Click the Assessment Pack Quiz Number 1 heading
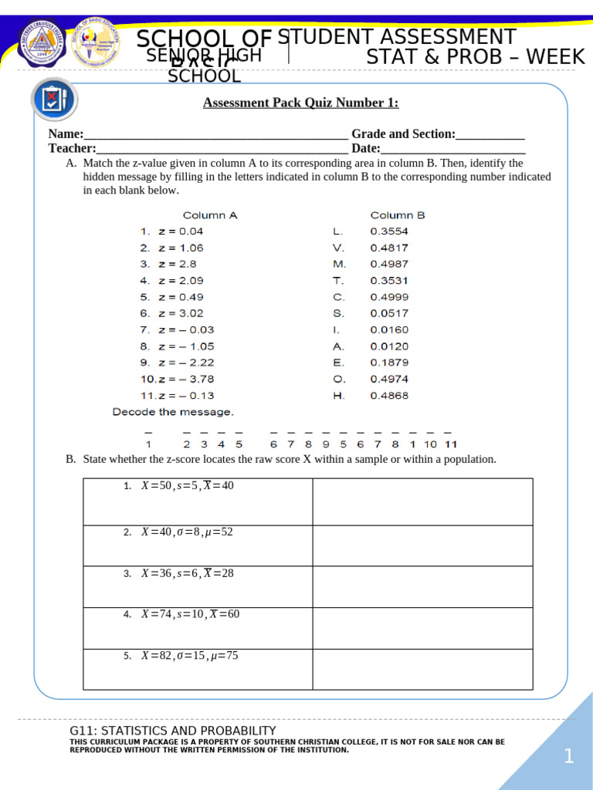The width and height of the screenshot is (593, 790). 301,103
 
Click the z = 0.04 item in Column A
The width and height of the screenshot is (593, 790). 171,231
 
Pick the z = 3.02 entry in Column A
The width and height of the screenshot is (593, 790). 171,313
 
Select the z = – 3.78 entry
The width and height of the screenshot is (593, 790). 177,379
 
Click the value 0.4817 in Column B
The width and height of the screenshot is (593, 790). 389,248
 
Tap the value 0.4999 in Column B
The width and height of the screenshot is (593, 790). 389,297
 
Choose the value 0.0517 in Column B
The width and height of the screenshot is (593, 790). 389,313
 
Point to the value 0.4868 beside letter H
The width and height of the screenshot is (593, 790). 389,396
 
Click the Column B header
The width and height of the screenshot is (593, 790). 398,215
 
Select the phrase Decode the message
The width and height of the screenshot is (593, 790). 173,412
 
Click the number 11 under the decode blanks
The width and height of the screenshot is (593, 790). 451,444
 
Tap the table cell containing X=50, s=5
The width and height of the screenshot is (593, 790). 198,501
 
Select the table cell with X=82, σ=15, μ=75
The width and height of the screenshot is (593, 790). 198,669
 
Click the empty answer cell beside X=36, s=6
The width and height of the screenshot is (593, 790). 422,586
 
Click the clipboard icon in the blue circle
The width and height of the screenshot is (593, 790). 53,100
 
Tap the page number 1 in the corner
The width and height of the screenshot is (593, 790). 568,758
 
